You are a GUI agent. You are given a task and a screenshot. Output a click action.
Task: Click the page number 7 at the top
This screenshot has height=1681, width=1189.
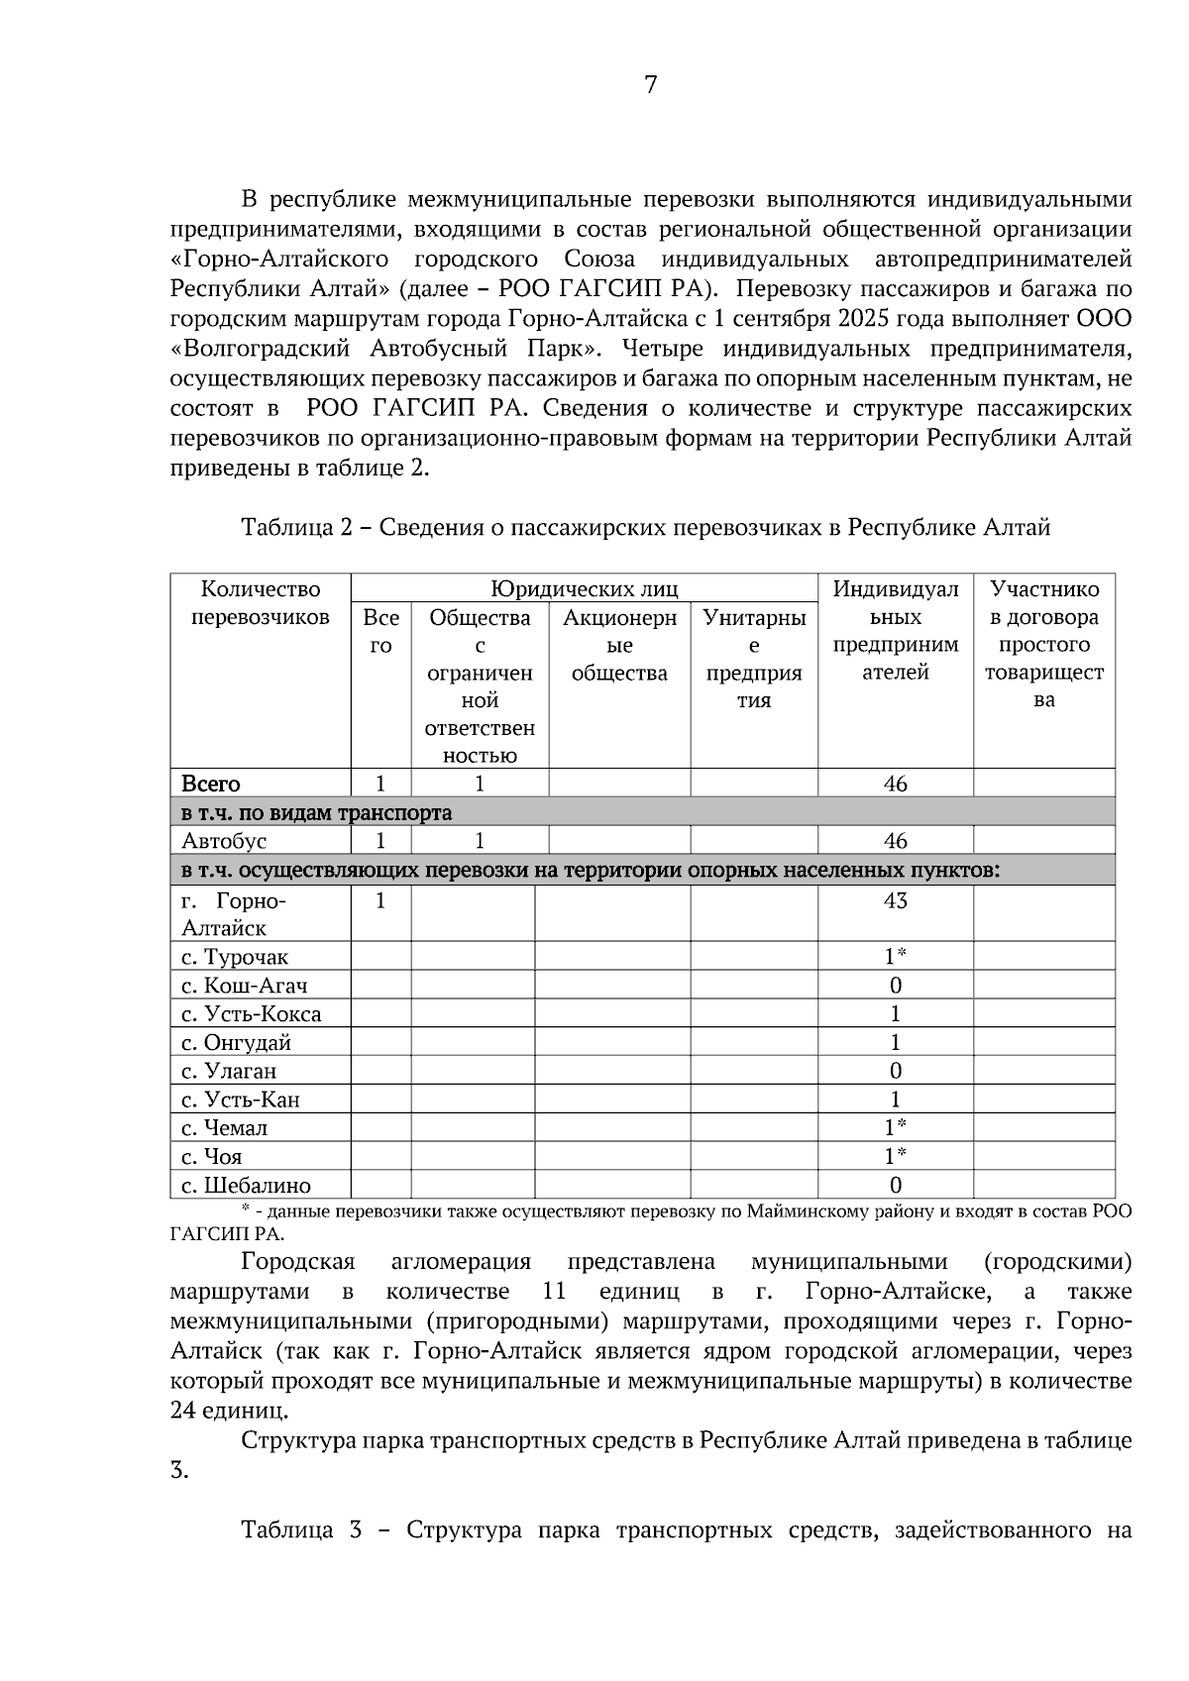click(x=650, y=85)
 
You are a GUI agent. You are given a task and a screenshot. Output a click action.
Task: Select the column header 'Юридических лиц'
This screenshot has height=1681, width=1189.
click(x=585, y=589)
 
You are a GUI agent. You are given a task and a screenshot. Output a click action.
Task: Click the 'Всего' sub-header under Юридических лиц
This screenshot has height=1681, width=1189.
click(x=380, y=631)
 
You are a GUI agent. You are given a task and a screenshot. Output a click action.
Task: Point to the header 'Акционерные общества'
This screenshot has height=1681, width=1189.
click(x=619, y=645)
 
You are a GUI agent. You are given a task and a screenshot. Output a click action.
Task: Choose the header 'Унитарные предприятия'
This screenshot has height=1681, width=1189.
click(x=754, y=659)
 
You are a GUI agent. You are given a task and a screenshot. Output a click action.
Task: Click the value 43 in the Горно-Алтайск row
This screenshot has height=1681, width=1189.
click(x=895, y=900)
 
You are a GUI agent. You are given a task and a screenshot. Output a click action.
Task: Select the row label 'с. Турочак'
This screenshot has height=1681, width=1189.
click(x=235, y=957)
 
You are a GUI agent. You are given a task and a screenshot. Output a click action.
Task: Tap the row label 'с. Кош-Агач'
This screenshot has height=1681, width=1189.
click(x=244, y=986)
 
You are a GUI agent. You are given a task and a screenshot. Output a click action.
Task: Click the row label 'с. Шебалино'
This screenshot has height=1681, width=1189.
click(x=246, y=1186)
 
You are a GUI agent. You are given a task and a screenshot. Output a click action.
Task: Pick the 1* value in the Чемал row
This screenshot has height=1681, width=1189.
click(x=895, y=1128)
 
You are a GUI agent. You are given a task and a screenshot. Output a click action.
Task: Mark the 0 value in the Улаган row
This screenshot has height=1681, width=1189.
click(x=895, y=1071)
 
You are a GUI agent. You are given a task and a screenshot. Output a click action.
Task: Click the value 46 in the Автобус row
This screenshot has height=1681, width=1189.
click(x=895, y=841)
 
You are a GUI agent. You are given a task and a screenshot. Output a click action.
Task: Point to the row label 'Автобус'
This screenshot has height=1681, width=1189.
click(x=224, y=841)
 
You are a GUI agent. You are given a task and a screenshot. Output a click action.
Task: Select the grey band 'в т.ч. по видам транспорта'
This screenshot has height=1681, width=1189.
click(x=316, y=813)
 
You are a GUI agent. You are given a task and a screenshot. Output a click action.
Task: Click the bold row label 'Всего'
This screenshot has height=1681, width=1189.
click(x=210, y=784)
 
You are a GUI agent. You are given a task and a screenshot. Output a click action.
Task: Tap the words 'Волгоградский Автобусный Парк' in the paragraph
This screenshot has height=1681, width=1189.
click(x=390, y=349)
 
